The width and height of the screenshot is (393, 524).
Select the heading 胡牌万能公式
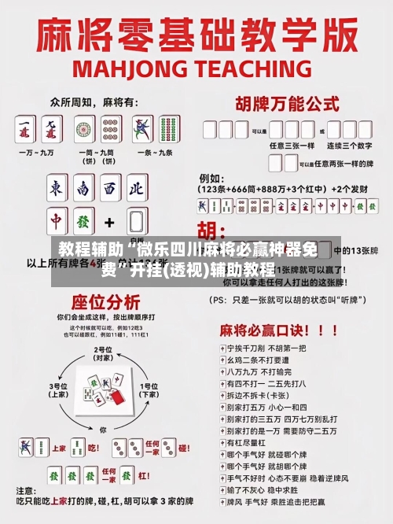point(284,103)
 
